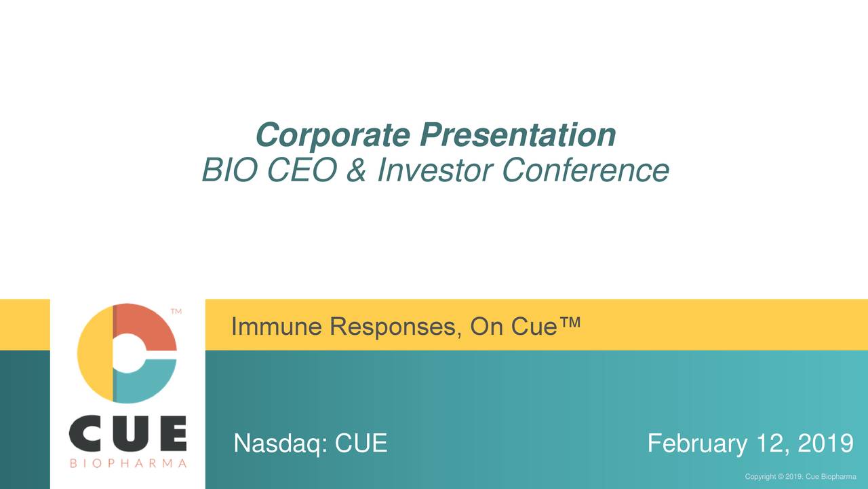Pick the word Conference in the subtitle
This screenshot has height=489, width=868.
[x=585, y=170]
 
